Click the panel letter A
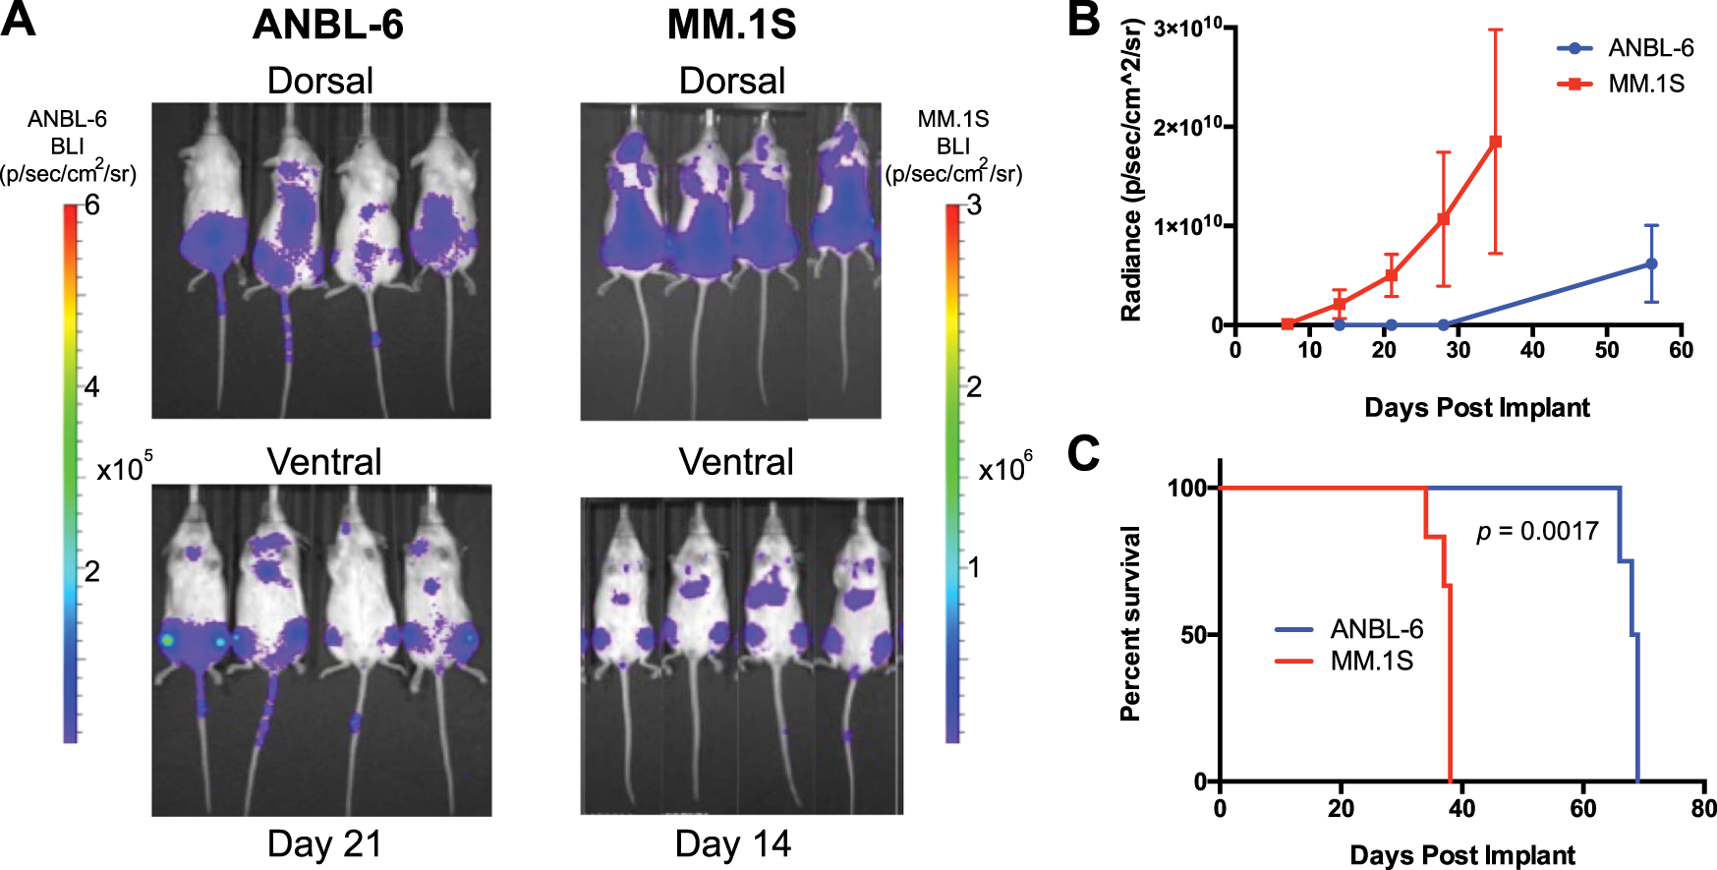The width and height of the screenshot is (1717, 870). [20, 19]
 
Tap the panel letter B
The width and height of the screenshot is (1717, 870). [1083, 19]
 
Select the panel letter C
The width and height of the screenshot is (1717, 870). [1083, 453]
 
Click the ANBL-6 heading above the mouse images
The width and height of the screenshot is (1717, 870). [327, 25]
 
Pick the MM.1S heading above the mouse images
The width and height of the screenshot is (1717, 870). [731, 25]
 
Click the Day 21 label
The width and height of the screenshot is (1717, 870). [324, 844]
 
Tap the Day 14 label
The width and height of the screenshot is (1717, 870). [732, 844]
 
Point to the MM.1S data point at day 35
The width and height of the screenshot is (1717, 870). [1495, 142]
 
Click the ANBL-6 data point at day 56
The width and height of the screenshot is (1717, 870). [1651, 263]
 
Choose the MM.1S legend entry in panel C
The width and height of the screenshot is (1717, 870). [1371, 661]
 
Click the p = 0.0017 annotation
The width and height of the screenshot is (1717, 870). [1537, 532]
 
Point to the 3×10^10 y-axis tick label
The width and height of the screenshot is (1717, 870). [1187, 28]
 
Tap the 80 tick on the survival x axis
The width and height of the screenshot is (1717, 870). [1703, 809]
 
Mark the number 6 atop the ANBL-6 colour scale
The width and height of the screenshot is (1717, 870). [92, 204]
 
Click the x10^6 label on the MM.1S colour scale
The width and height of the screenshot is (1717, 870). [1004, 468]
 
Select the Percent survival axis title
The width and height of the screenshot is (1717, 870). [1131, 623]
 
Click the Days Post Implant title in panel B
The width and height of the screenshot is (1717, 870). [1476, 408]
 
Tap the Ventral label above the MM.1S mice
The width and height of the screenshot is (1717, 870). [735, 462]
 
